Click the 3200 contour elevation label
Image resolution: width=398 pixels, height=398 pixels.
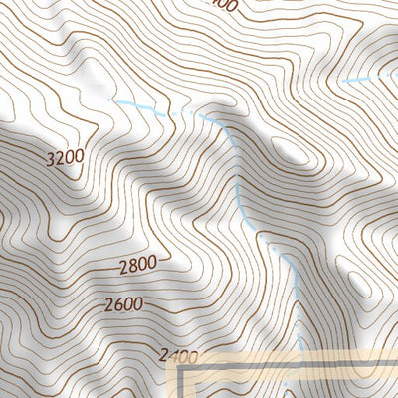click(64, 157)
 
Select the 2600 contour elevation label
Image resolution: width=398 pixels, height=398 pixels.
click(122, 304)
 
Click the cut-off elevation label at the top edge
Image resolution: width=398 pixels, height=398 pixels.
click(223, 5)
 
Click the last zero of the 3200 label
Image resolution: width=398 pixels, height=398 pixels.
click(79, 157)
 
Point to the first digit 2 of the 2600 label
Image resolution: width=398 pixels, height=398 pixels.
click(106, 304)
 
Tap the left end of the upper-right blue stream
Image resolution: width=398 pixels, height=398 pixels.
click(341, 81)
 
